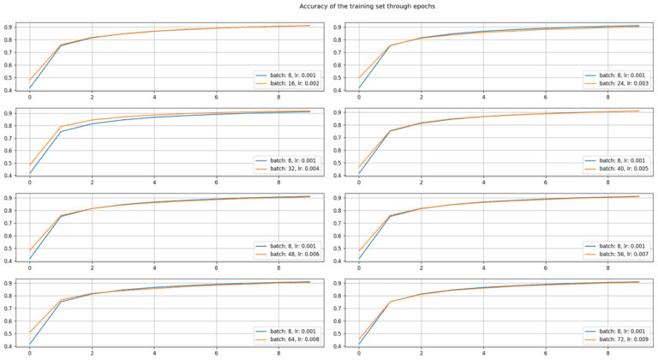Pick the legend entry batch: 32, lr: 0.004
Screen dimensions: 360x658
point(289,170)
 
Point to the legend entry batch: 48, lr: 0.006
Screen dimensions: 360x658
point(289,255)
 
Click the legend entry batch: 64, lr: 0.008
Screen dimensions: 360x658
point(289,339)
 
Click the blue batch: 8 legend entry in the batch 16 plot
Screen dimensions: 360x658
point(287,75)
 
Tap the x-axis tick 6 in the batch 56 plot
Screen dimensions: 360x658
point(547,267)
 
